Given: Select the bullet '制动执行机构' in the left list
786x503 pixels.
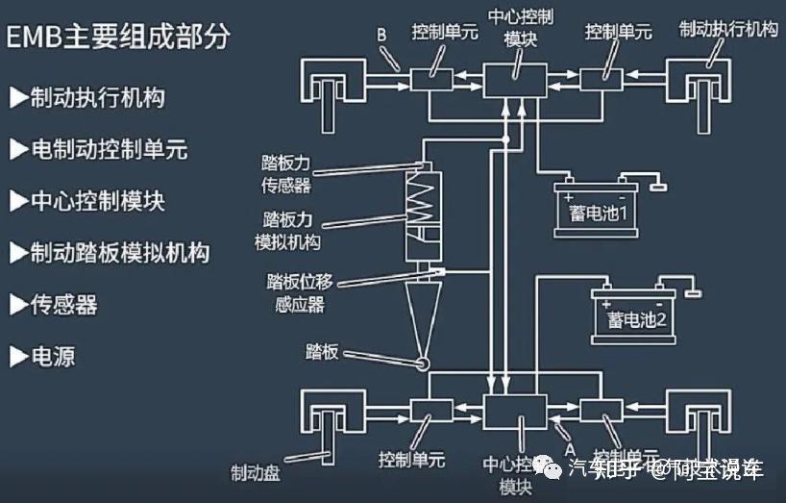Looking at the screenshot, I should click(x=86, y=97).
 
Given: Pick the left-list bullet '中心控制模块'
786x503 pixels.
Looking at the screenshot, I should click(x=86, y=201).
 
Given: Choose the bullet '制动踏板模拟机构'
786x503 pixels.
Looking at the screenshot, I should click(x=109, y=253).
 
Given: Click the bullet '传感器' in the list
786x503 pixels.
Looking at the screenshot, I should click(x=54, y=305).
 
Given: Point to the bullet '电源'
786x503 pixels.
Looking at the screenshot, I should click(x=42, y=357).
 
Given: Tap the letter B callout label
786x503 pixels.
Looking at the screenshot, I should click(x=381, y=36).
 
